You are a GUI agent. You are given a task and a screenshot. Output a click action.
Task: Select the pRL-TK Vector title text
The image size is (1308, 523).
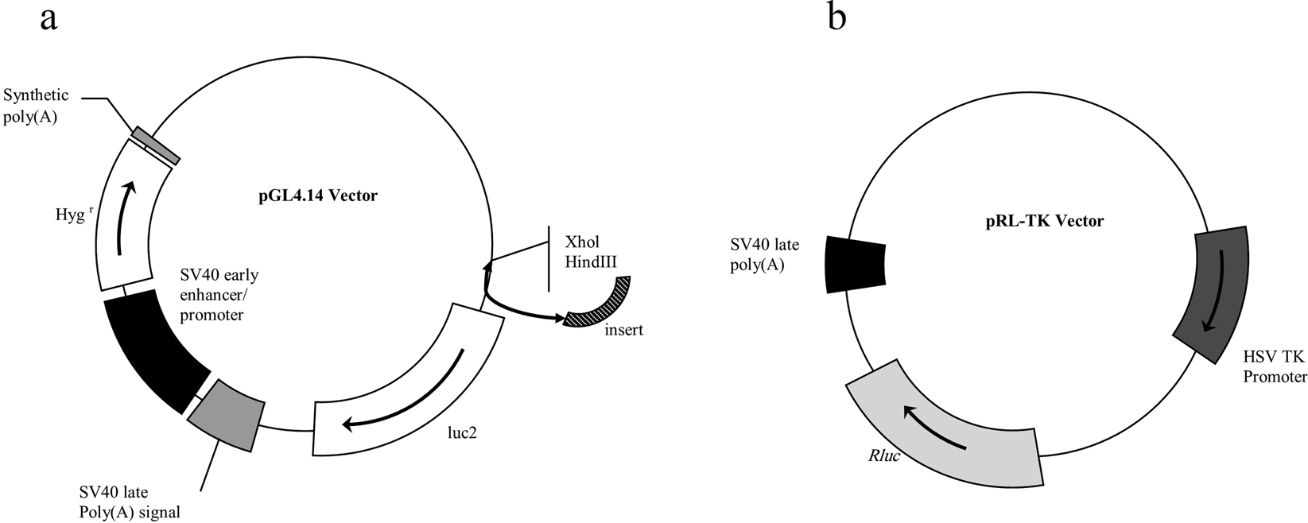tap(1043, 220)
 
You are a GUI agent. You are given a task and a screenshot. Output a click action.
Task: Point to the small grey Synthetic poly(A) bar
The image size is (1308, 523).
tap(156, 145)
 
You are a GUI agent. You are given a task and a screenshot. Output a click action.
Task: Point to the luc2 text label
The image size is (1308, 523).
tap(463, 432)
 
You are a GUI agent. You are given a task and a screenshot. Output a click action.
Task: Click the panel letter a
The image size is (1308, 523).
tap(49, 18)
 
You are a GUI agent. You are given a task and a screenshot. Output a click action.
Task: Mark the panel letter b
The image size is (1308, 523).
tap(836, 17)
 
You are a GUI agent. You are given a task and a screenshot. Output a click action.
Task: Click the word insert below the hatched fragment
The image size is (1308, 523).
tap(623, 330)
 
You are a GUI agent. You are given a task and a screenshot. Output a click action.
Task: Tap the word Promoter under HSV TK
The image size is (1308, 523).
tap(1275, 377)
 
